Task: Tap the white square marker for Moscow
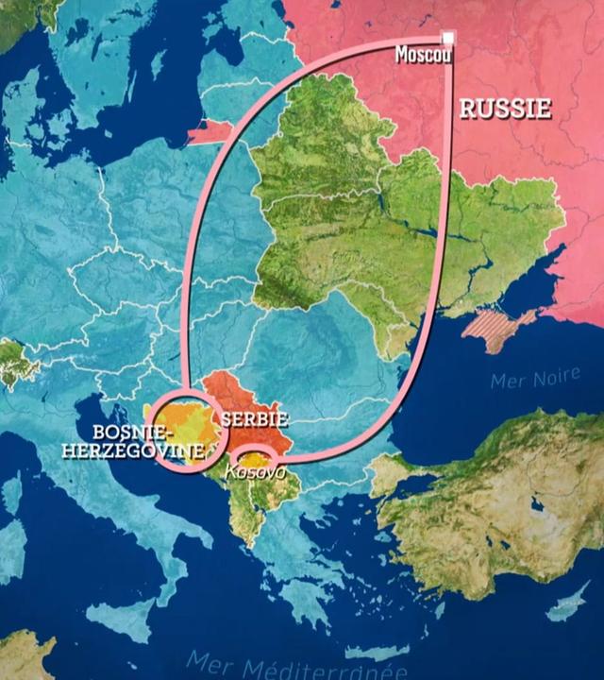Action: coord(449,39)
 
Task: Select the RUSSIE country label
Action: coord(505,110)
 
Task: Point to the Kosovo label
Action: coord(256,469)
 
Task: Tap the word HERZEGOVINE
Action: coord(133,451)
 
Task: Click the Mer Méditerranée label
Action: coord(297,666)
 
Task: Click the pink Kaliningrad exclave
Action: coord(210,129)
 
